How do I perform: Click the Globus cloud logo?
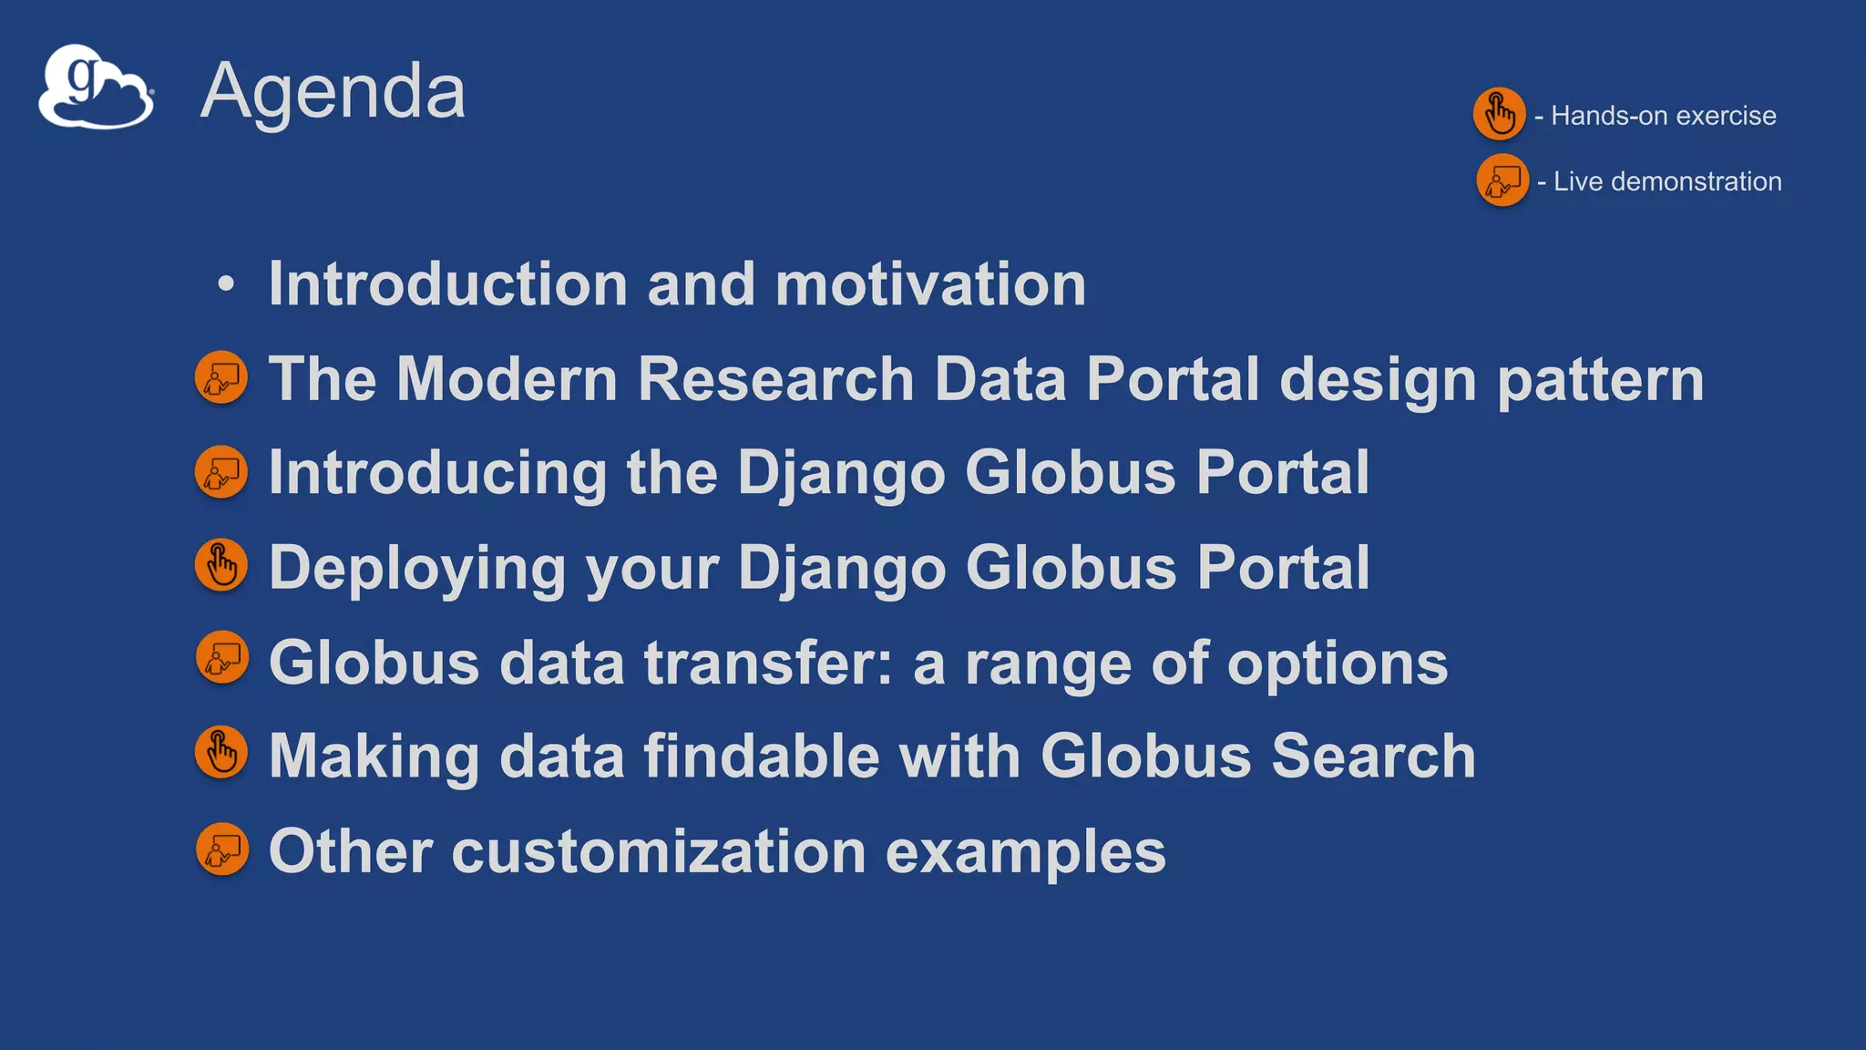point(96,87)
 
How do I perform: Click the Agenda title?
point(333,91)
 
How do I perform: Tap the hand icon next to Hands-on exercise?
point(1499,114)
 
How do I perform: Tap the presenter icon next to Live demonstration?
point(1502,180)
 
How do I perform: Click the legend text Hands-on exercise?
point(1663,116)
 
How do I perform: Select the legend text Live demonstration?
point(1666,181)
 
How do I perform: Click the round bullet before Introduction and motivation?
point(226,283)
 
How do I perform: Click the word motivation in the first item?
point(930,284)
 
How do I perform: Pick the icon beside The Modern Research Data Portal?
point(221,377)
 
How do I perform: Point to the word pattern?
point(1600,379)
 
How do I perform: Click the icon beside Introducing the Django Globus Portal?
point(221,472)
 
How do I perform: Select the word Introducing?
point(437,474)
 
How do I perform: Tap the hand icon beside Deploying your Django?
point(221,566)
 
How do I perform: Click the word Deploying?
point(417,569)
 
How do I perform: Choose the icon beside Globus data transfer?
point(221,657)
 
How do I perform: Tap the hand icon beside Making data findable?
point(221,753)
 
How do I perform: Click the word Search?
point(1373,757)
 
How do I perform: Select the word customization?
point(658,851)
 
